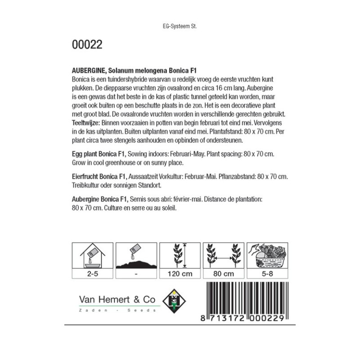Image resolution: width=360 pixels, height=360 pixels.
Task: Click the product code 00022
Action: click(87, 45)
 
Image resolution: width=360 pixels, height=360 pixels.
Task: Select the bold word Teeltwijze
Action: click(86, 122)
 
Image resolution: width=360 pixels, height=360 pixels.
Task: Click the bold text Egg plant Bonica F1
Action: click(99, 154)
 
